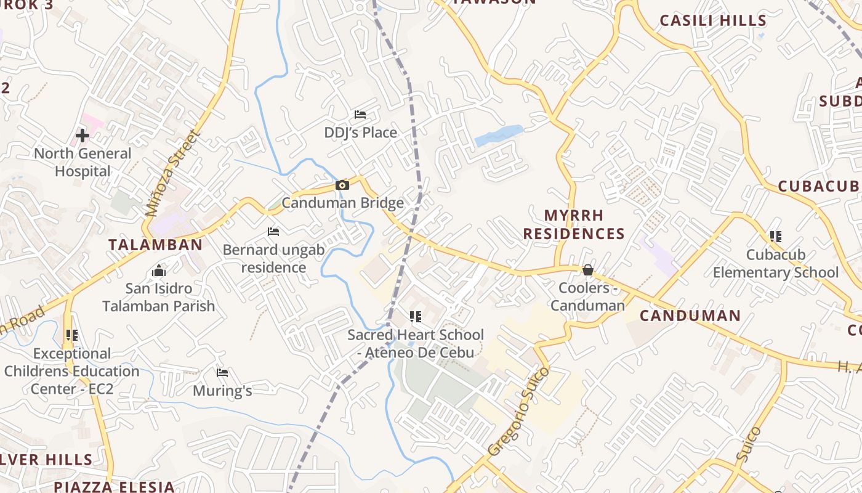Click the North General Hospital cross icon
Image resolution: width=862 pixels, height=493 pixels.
[83, 135]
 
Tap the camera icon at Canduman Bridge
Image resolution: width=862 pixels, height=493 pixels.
[342, 185]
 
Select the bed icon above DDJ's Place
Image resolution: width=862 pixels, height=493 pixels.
[360, 115]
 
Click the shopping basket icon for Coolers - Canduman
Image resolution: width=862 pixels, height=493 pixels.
[588, 270]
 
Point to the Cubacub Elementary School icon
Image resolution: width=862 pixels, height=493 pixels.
[776, 236]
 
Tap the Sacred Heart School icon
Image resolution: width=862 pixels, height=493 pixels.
[416, 317]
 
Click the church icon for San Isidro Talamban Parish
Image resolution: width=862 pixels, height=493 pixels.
[159, 271]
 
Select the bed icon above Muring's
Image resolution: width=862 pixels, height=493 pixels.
[222, 373]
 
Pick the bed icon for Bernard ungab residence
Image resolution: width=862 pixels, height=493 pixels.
[273, 232]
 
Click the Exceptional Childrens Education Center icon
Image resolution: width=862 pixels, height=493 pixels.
[72, 335]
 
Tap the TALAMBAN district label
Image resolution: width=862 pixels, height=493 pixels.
[156, 245]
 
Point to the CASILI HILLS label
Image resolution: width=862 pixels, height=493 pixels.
[713, 20]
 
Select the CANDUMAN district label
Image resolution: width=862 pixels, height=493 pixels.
[690, 316]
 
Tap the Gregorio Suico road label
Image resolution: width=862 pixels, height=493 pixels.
[518, 412]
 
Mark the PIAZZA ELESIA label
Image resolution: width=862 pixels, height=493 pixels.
[114, 486]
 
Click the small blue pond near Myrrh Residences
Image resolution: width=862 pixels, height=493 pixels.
[498, 135]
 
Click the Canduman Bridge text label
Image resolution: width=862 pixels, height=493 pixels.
[343, 203]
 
